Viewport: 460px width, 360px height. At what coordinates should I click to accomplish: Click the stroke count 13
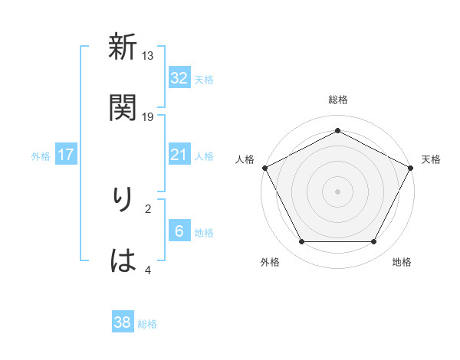point(148,55)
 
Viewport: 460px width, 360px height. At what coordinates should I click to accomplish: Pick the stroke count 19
point(148,116)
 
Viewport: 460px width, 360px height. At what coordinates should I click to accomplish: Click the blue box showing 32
point(179,78)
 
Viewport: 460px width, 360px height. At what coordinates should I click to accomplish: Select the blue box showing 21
point(179,155)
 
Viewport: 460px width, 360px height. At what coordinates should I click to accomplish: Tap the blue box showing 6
point(179,231)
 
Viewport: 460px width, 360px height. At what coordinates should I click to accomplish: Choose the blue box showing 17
point(66,155)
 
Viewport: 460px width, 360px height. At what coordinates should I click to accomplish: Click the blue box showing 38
point(123,322)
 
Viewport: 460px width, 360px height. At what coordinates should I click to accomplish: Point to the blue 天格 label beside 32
point(204,79)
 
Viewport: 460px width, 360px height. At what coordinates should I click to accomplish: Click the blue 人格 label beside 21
point(204,155)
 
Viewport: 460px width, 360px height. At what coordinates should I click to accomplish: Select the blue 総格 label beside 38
point(147,323)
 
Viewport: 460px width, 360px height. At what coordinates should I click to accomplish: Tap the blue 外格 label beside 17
point(41,155)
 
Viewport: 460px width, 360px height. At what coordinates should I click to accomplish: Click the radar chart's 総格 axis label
point(337,100)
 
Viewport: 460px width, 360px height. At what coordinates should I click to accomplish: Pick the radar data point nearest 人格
point(264,167)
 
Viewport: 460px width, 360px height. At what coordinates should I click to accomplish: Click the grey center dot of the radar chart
point(337,191)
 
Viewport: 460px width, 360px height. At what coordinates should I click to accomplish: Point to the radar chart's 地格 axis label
point(402,263)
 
